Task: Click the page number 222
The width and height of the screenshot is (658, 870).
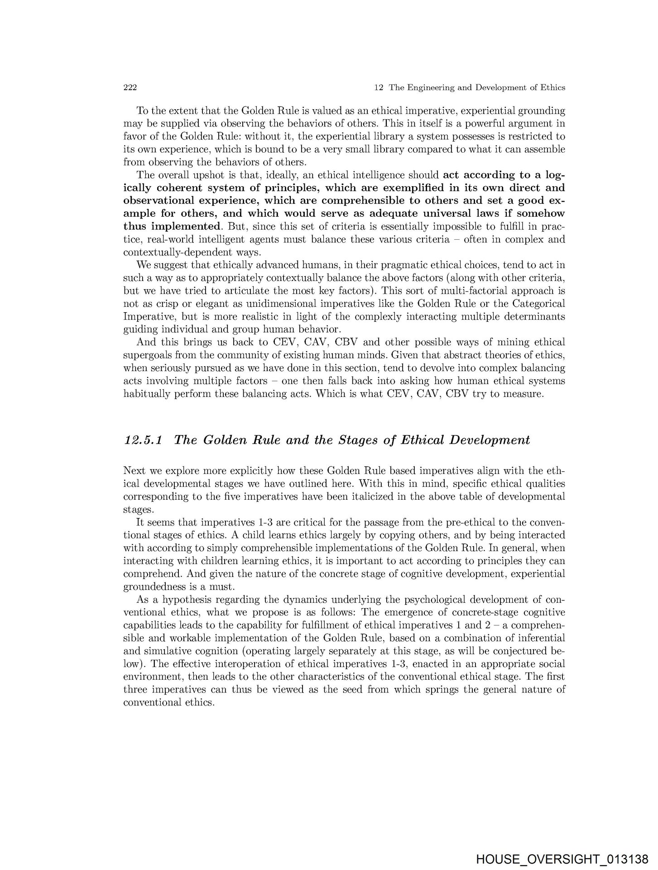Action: point(130,87)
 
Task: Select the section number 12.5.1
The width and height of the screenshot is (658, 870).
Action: point(145,440)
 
